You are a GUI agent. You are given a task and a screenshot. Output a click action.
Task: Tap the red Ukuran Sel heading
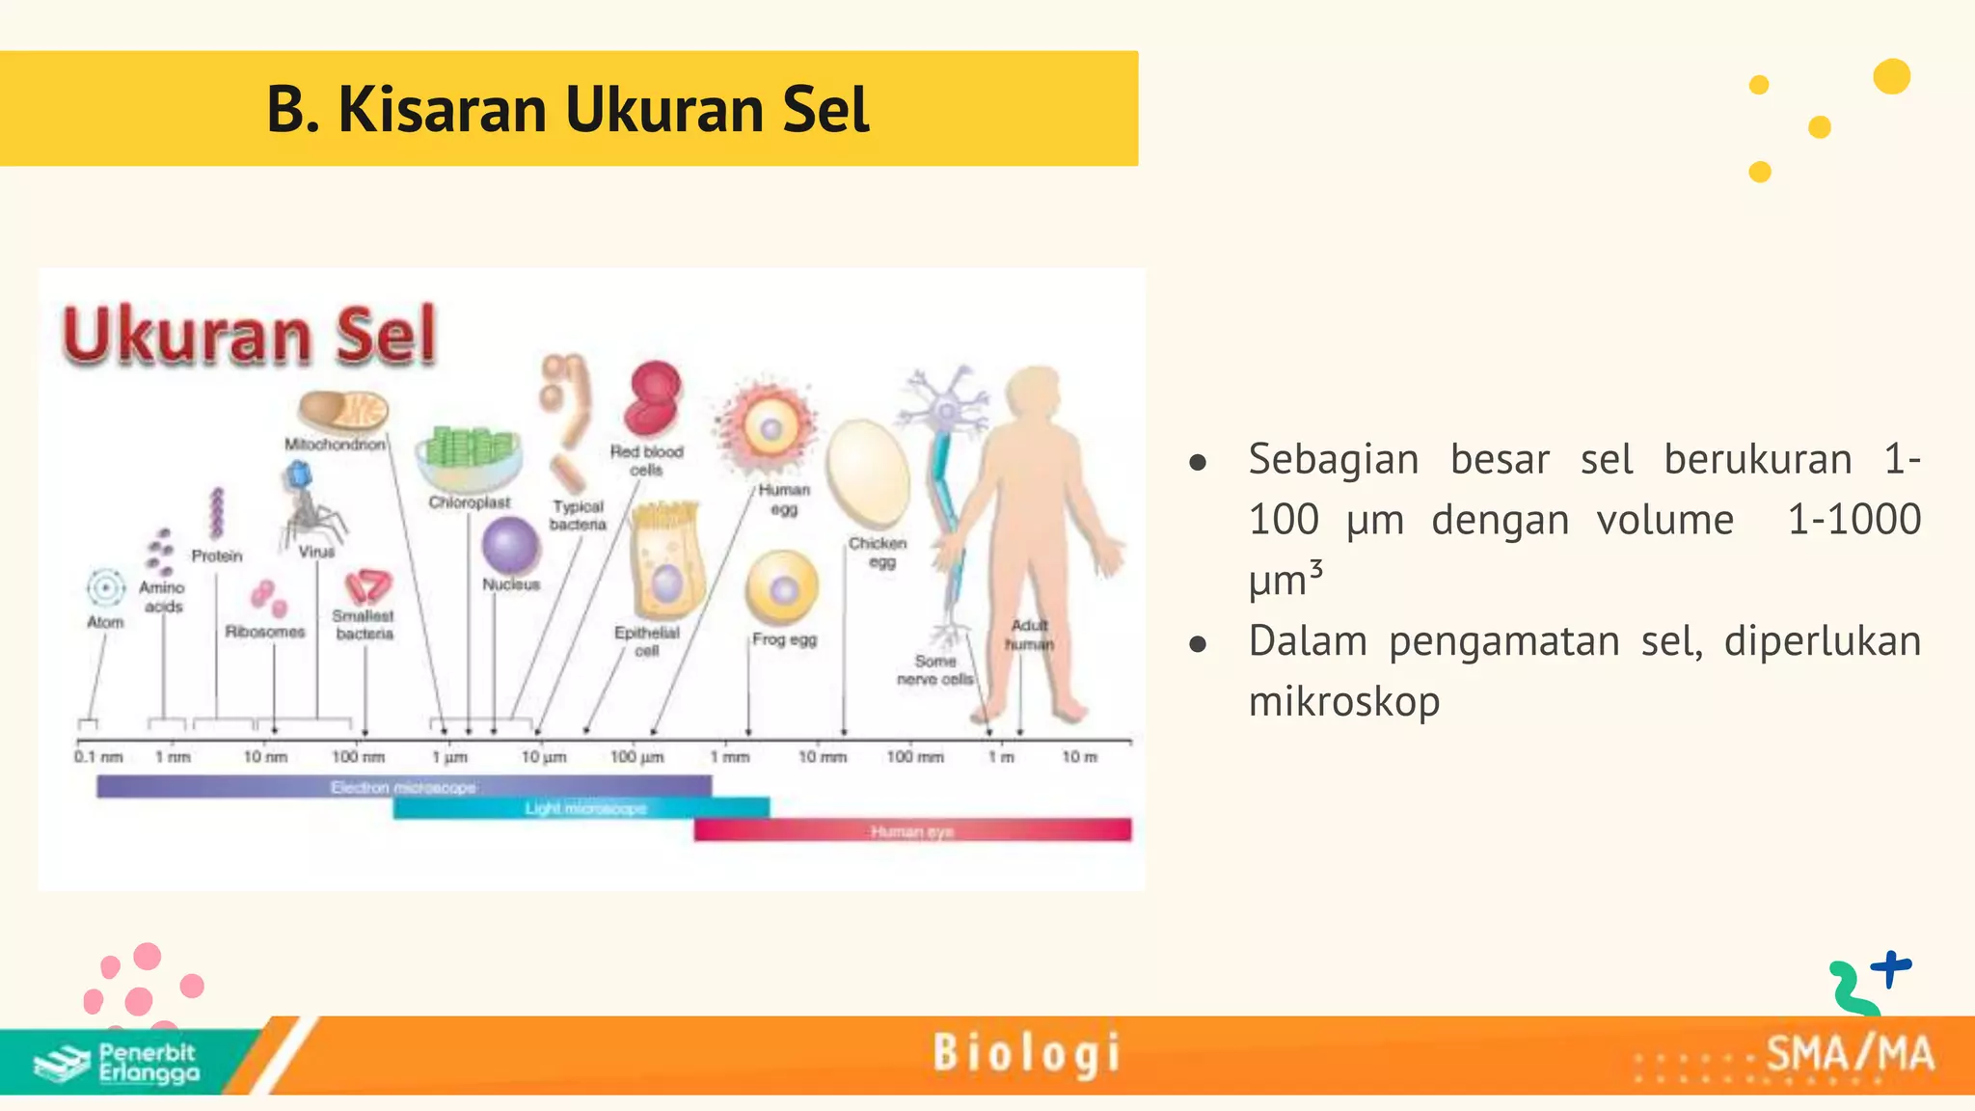tap(250, 335)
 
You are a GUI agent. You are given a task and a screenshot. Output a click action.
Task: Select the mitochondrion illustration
tap(343, 411)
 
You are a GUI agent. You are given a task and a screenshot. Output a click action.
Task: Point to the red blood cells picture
tap(653, 399)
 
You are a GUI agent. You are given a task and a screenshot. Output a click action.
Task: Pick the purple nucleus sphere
tap(510, 546)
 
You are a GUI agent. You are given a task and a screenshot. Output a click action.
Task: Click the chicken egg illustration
tap(867, 474)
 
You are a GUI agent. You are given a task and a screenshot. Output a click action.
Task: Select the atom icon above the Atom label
tap(105, 587)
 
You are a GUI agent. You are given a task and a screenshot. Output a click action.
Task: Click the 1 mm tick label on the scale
tap(730, 757)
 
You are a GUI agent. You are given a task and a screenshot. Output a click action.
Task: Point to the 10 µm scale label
tap(544, 757)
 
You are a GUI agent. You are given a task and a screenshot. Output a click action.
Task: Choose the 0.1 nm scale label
tap(98, 757)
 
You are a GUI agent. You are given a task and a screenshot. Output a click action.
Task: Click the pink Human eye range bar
tap(911, 830)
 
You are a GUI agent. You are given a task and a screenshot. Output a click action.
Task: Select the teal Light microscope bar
tap(582, 808)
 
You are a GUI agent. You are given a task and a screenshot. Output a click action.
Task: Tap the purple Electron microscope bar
tap(403, 787)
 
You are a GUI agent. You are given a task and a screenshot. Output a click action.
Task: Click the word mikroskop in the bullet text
tap(1343, 702)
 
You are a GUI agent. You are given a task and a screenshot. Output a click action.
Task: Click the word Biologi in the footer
tap(1027, 1053)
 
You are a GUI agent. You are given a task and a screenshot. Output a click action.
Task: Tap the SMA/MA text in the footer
tap(1850, 1054)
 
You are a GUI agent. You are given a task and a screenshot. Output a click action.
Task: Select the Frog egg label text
tap(784, 639)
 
